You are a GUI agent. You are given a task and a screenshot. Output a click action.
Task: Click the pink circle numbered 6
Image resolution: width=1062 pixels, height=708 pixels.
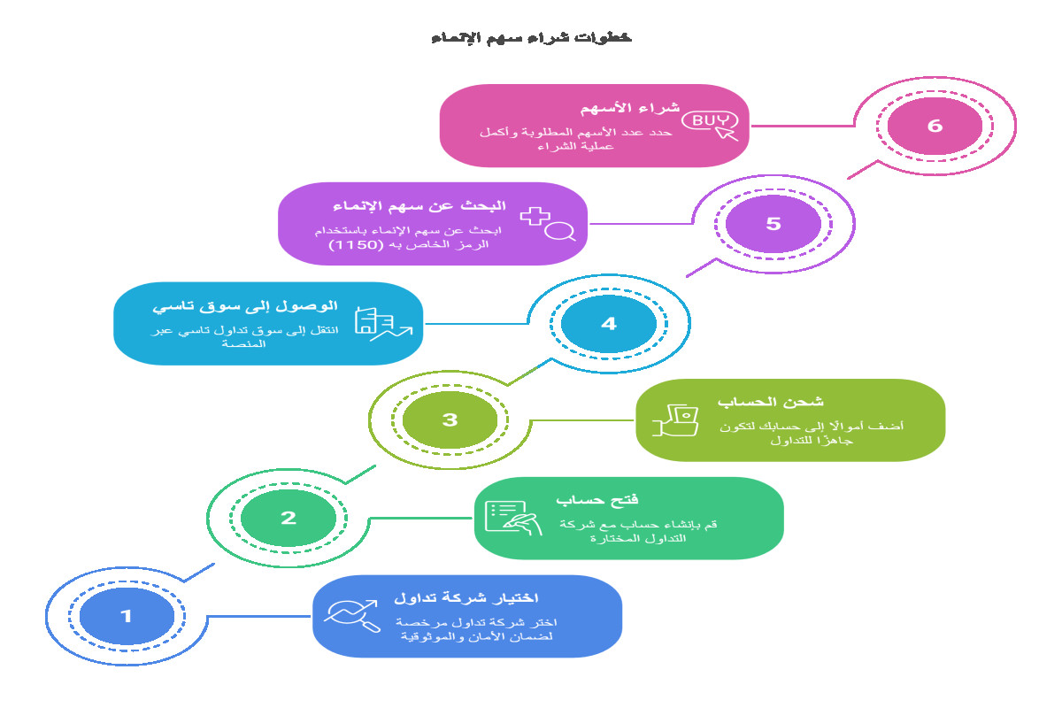click(935, 126)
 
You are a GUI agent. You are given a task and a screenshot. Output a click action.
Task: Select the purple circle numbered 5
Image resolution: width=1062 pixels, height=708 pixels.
click(773, 224)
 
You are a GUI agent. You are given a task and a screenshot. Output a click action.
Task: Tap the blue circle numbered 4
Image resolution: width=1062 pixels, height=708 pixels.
click(609, 323)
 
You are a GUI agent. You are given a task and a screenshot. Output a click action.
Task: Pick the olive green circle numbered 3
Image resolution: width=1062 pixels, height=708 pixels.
click(450, 419)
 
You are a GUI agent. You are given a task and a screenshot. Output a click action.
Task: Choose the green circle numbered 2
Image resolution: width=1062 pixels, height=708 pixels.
click(289, 518)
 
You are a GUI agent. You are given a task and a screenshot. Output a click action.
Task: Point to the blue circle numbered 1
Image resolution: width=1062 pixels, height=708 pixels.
click(127, 616)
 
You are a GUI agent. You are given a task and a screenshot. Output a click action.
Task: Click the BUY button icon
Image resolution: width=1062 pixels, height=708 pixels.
click(710, 125)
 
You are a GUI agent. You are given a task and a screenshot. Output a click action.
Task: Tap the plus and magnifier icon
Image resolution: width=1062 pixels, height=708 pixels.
click(548, 224)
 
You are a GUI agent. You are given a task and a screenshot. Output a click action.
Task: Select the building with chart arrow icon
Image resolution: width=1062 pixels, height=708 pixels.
click(383, 323)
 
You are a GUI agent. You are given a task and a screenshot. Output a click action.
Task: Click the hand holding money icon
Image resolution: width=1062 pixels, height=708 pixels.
click(675, 420)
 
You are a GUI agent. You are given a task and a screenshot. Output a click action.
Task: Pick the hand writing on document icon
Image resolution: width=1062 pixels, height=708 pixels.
click(513, 518)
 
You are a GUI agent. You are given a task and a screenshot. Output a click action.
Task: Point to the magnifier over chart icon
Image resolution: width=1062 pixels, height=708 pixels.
click(352, 616)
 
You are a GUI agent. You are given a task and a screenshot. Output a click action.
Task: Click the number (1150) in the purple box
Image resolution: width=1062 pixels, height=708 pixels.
click(356, 244)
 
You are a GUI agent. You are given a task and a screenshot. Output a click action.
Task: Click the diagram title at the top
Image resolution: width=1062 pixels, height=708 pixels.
click(532, 37)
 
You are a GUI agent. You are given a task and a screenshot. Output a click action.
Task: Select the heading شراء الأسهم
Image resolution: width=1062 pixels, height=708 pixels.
click(630, 108)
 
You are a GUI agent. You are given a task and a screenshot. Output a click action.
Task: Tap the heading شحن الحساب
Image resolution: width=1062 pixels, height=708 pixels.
click(771, 402)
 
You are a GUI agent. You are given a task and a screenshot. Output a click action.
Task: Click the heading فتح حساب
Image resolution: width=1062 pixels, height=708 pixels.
click(596, 500)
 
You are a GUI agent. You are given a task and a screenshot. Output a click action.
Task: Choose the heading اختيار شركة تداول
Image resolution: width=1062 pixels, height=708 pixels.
click(466, 598)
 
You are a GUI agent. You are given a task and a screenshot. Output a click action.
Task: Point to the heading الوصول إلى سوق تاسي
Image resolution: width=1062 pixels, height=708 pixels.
click(244, 306)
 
